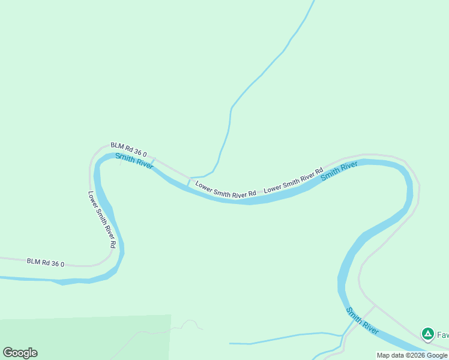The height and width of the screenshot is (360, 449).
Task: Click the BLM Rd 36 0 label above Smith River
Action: (128, 149)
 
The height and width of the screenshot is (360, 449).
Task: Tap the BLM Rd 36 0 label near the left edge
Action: (45, 263)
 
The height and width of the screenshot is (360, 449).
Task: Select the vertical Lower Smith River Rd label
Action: (101, 220)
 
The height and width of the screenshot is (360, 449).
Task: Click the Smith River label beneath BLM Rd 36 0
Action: (134, 161)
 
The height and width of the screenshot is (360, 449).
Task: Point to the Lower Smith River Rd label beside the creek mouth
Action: (226, 189)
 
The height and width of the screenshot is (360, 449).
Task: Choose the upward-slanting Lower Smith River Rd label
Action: (294, 179)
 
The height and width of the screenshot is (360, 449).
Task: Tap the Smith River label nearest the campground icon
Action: (363, 321)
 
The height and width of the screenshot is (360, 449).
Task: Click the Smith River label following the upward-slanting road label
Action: (339, 170)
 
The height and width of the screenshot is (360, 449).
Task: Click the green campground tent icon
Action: (427, 333)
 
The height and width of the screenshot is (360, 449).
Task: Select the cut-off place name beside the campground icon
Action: (442, 334)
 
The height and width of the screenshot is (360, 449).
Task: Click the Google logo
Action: (20, 353)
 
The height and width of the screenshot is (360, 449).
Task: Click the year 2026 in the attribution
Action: (415, 355)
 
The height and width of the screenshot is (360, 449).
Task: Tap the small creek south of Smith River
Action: (282, 340)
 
